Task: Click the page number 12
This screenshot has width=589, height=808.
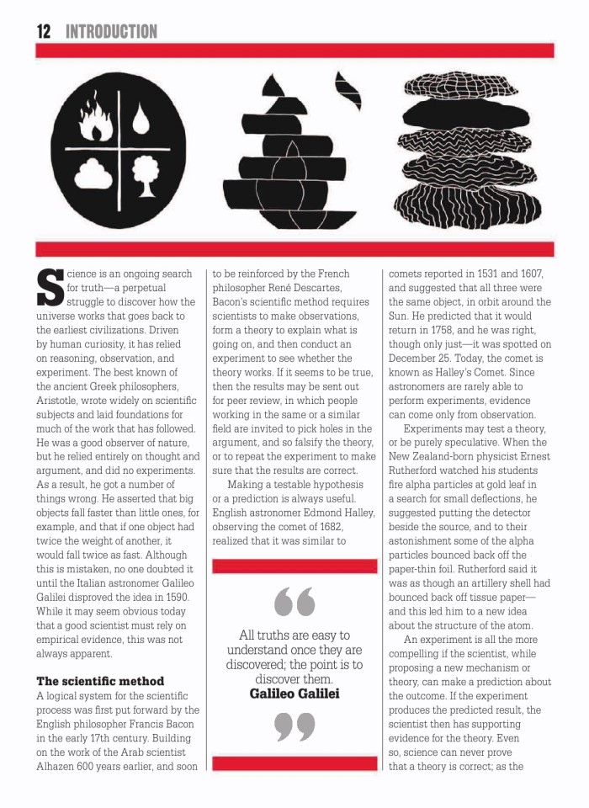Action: coord(44,32)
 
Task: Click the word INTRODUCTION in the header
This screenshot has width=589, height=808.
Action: coord(111,32)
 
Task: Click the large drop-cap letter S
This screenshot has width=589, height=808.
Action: coord(51,289)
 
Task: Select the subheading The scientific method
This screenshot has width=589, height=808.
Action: coord(100,680)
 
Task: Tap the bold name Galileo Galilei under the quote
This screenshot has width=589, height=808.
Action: coord(294,693)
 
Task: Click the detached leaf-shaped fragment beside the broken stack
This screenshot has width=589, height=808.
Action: coord(348,91)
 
